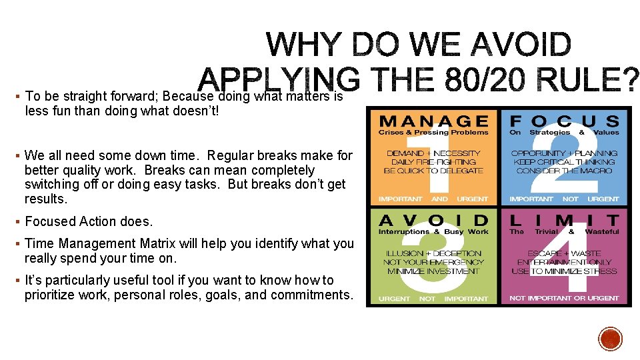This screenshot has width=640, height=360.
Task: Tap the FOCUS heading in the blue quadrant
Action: (564, 121)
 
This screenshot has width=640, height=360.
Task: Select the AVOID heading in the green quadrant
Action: (433, 220)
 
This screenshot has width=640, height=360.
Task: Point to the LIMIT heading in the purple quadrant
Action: (564, 220)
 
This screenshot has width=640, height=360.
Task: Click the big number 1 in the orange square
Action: (433, 160)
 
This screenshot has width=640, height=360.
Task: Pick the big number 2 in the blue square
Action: (564, 160)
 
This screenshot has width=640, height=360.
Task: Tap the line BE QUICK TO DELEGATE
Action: (433, 171)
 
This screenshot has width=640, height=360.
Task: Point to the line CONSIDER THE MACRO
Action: (564, 171)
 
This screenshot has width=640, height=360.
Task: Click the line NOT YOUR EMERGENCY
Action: (433, 262)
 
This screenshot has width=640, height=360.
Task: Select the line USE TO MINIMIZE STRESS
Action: (564, 271)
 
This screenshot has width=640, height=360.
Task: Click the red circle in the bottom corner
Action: (610, 339)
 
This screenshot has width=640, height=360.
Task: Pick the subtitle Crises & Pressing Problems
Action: (433, 132)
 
